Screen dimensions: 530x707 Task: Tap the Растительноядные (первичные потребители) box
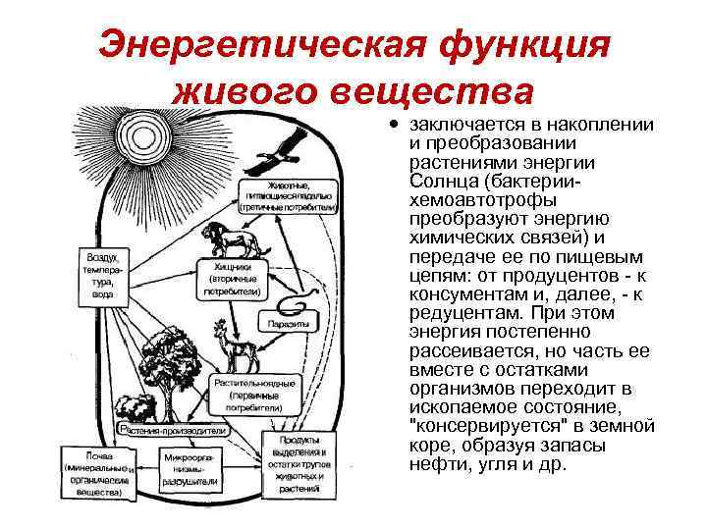(x=243, y=393)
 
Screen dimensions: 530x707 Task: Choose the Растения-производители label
(x=175, y=430)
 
